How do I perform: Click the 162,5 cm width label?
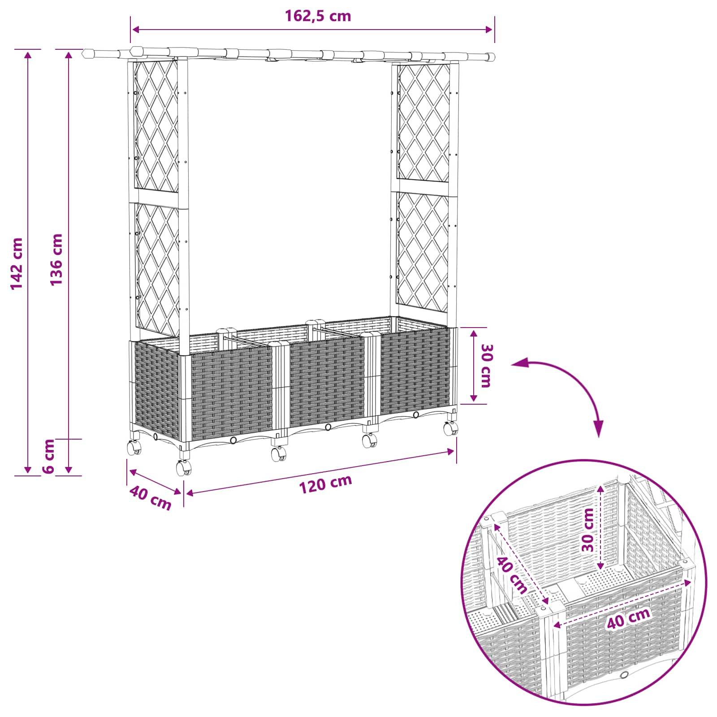tap(318, 16)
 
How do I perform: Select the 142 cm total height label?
tap(17, 263)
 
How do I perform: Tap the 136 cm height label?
tap(56, 260)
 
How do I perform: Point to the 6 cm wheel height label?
tap(49, 456)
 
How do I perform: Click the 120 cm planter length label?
tap(326, 484)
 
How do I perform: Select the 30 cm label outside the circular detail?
tap(486, 365)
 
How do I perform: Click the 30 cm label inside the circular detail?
tap(587, 530)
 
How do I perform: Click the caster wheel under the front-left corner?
tap(183, 467)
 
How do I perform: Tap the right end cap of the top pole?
tap(491, 57)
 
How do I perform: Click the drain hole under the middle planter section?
tap(328, 427)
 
